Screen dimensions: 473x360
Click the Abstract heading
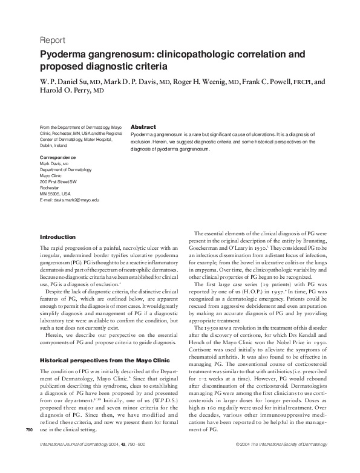point(143,126)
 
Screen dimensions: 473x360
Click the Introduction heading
point(57,236)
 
